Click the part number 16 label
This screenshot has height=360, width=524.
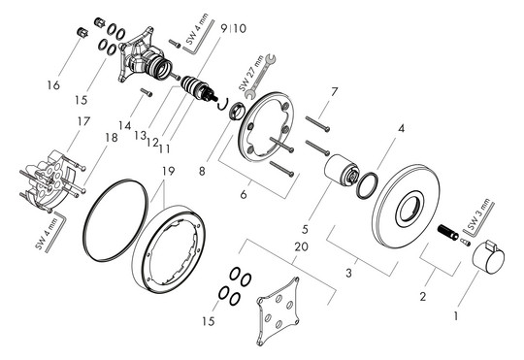point(53,85)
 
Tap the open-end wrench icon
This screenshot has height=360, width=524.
point(261,77)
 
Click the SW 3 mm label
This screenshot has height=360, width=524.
point(478,214)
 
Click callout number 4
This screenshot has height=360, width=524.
point(401,128)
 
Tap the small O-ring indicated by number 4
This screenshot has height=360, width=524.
point(367,184)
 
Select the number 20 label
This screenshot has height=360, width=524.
point(301,246)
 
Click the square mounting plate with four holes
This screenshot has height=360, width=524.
point(278,311)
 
